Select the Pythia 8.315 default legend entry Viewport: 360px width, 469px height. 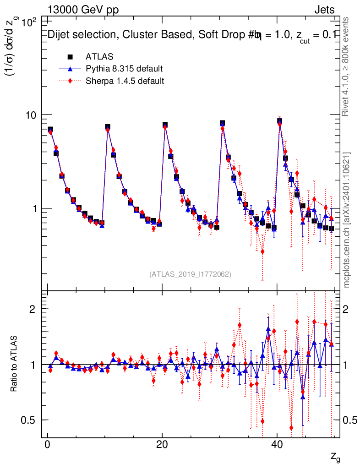[x=124, y=69]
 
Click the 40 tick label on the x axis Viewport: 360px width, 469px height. [x=276, y=445]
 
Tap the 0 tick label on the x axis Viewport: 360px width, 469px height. [x=47, y=445]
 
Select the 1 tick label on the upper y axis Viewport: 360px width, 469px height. [x=35, y=208]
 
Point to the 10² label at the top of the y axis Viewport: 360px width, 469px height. [x=30, y=22]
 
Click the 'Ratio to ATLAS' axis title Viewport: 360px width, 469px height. [x=14, y=364]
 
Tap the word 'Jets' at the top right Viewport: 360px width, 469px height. [x=324, y=10]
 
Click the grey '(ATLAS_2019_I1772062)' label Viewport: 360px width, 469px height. [x=190, y=274]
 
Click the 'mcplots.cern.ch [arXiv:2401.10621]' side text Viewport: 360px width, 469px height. [x=347, y=220]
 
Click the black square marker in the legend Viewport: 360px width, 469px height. [x=71, y=57]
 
